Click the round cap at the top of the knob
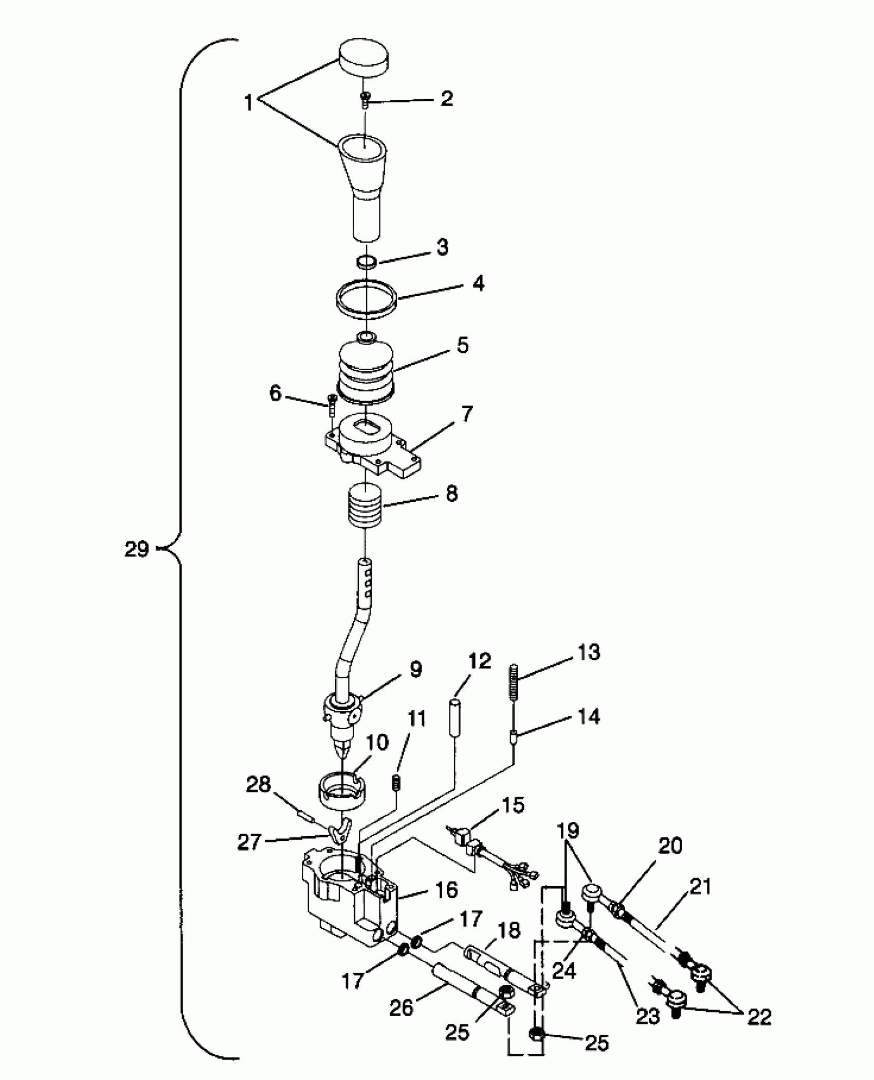363,59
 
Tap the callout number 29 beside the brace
136,550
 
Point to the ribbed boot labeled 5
365,370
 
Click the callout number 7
466,414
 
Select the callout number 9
415,670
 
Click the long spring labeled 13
513,682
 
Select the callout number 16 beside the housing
445,889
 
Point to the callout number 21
700,887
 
